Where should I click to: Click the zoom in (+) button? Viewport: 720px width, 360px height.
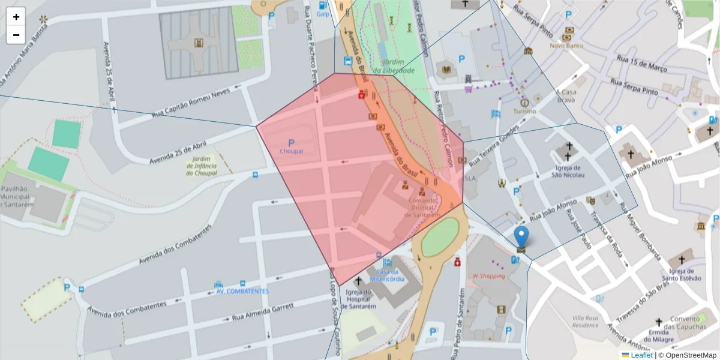coord(16,17)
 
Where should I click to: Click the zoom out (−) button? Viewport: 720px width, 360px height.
coord(16,35)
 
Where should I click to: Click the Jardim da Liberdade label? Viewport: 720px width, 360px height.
coord(394,67)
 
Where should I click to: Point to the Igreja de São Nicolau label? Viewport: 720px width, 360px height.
coord(568,171)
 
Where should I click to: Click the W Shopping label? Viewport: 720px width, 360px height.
coord(488,276)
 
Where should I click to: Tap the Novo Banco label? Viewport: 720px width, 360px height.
coord(567,45)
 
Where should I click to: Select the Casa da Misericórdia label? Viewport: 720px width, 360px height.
coord(386,275)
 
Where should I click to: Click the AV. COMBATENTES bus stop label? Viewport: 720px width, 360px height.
coord(242,291)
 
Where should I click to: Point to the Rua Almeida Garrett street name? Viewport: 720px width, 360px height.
coord(263,311)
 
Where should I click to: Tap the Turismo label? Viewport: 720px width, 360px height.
coord(524,112)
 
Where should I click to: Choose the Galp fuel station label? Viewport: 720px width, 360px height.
coord(323,14)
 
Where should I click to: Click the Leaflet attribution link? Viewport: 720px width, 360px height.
coord(641,355)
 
